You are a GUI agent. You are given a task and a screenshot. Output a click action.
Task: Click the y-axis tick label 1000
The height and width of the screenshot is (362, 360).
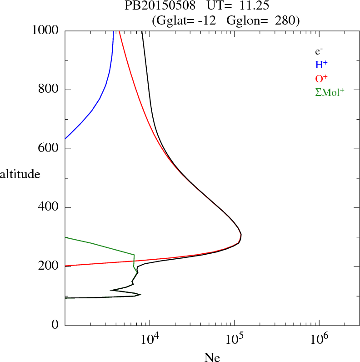(45, 30)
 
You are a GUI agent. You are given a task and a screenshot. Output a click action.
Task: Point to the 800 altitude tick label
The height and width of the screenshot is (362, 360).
(49, 90)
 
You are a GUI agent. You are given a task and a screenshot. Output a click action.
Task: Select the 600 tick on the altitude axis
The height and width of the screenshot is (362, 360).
(49, 149)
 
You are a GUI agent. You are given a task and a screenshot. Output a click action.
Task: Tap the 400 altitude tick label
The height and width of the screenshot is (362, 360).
(49, 208)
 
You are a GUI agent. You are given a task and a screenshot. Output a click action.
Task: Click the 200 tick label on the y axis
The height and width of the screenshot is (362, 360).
(49, 266)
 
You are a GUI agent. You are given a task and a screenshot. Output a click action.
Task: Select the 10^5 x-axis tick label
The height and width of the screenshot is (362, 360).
(234, 339)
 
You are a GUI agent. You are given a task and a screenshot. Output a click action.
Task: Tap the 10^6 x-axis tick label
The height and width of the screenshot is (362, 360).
(319, 339)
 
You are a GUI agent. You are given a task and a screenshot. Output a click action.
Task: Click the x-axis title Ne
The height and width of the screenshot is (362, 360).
(212, 358)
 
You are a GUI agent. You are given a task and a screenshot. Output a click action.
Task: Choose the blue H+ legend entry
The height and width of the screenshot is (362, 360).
(321, 65)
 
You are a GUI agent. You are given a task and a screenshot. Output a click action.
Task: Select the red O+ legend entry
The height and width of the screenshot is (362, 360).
(322, 78)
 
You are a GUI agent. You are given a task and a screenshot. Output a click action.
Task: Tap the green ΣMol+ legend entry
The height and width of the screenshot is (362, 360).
(330, 92)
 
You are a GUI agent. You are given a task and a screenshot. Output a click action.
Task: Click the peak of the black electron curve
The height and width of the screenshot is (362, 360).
(241, 235)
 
